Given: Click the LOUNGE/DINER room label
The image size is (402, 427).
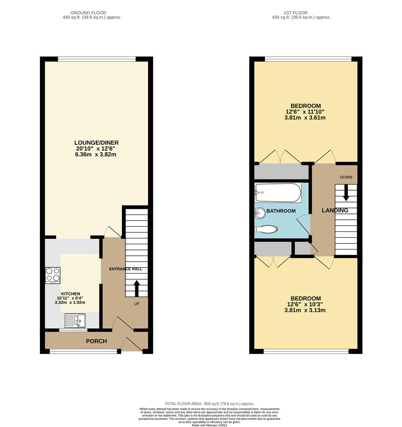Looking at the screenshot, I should point(96,143).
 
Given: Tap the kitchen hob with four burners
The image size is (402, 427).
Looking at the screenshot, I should point(53,276).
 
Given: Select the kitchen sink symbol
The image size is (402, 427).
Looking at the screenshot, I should point(75,320).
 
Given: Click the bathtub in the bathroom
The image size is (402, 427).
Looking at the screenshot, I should point(278,193).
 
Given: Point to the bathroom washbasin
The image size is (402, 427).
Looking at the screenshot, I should point(260,213).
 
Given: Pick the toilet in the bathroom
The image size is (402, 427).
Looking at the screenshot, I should point(266,229).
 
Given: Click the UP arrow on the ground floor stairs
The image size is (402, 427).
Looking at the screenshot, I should point(137,288).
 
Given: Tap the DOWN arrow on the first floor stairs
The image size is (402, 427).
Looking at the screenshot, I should point(346,193).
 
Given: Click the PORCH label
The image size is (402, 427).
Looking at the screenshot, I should point(97,341).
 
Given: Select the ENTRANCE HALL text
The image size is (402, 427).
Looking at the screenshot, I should point(125,269).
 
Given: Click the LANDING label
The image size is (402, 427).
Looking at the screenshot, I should point(335,210).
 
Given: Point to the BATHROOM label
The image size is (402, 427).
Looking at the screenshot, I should point(281,211).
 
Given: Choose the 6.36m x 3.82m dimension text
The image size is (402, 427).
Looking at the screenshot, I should point(96,155).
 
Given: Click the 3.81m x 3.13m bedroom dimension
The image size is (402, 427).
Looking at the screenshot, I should point(305,310).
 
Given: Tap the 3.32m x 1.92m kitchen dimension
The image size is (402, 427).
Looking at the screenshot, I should point(70,302).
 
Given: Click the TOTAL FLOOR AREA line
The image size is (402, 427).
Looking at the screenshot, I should point(209,404).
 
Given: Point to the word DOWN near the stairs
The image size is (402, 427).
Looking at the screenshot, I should point(346,177).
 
